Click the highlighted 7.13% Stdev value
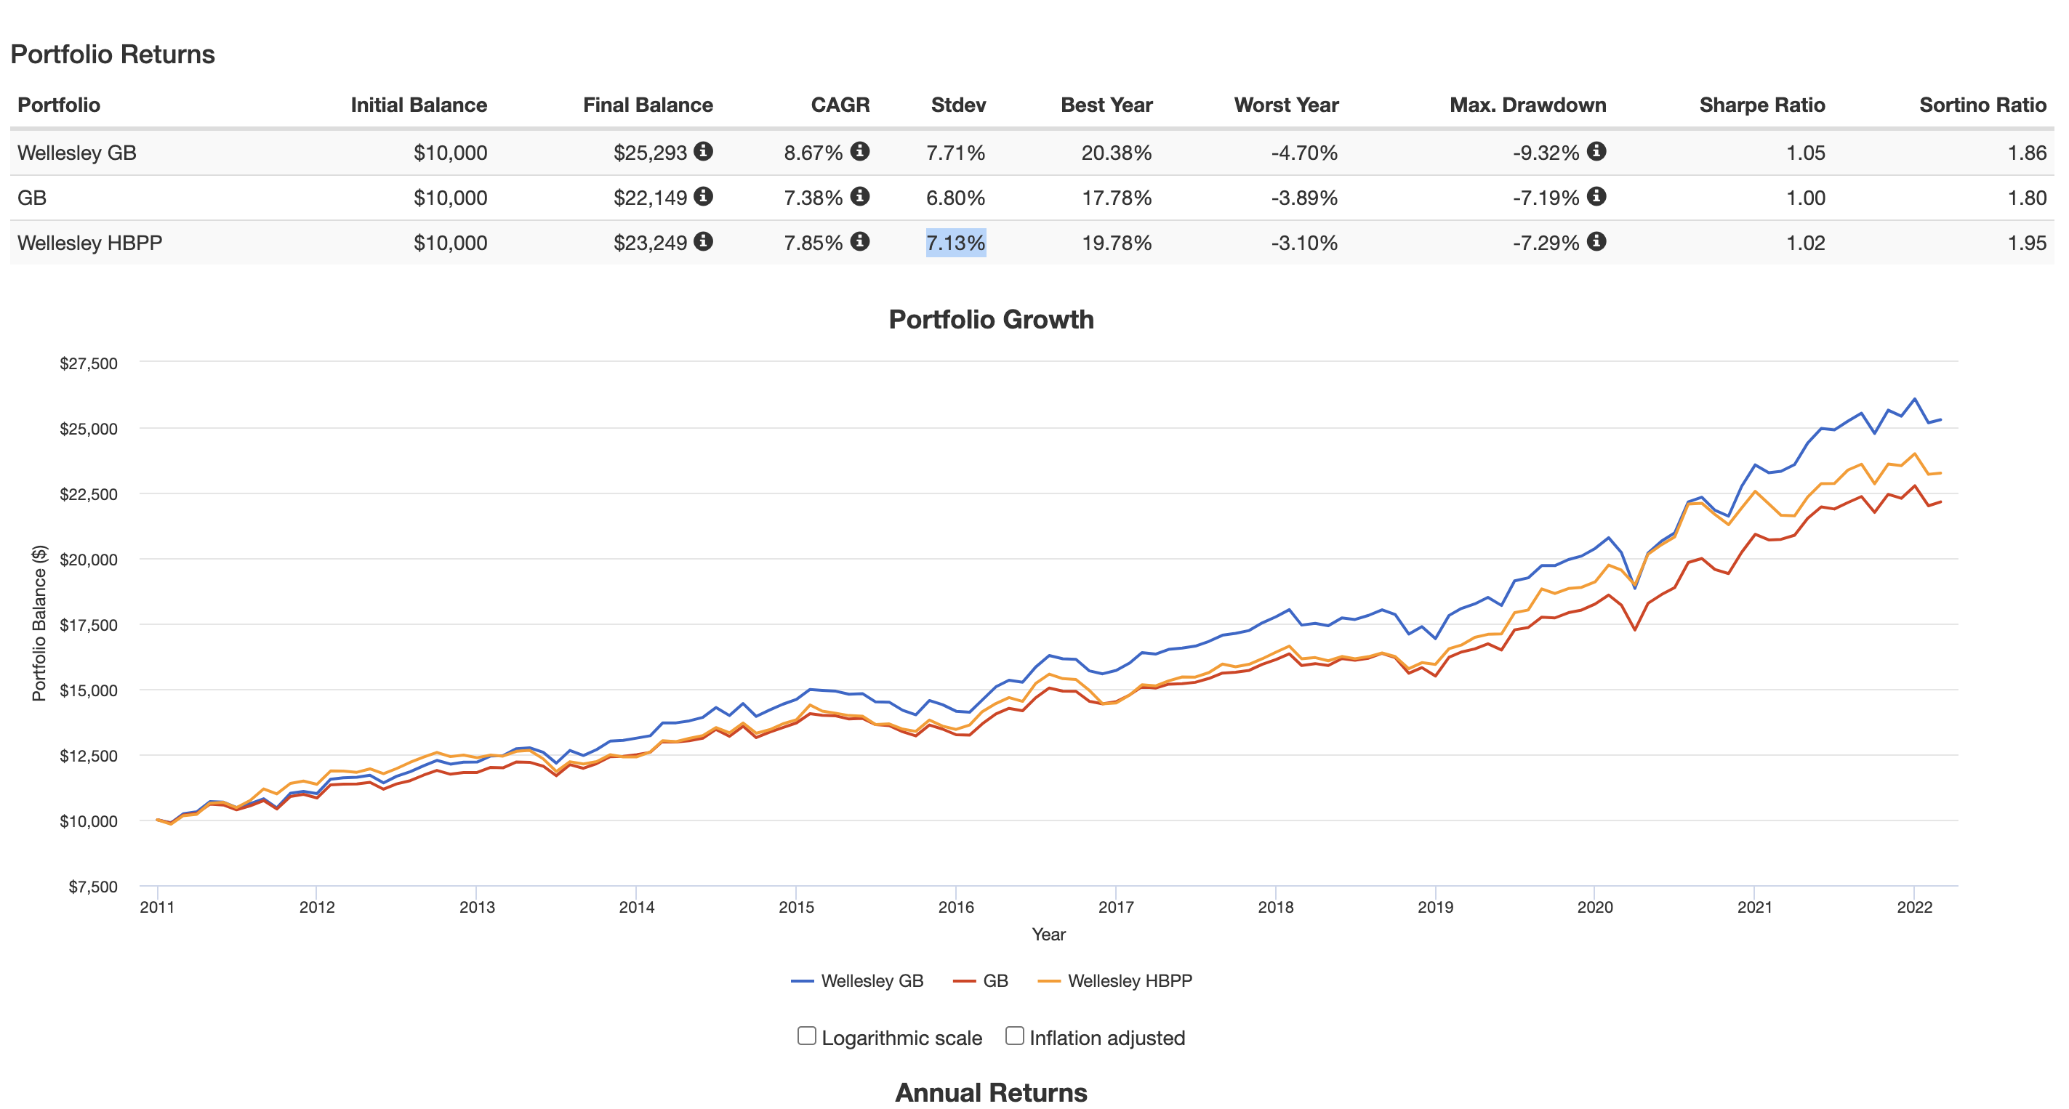coord(955,243)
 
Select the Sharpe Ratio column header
coord(1761,105)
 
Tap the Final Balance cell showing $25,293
coord(650,153)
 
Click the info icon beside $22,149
coord(704,197)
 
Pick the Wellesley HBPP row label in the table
coord(90,243)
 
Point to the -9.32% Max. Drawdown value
coord(1546,153)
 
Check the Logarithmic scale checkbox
coord(806,1036)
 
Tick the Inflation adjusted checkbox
coord(1014,1036)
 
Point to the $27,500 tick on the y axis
coord(89,363)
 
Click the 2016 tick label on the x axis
coord(956,907)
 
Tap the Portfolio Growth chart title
coord(991,320)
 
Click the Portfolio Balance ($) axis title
coord(39,623)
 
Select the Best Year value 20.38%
coord(1116,153)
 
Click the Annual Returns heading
coord(991,1092)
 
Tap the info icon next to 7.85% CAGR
coord(860,242)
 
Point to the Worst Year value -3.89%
coord(1303,198)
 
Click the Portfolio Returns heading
coord(113,55)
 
